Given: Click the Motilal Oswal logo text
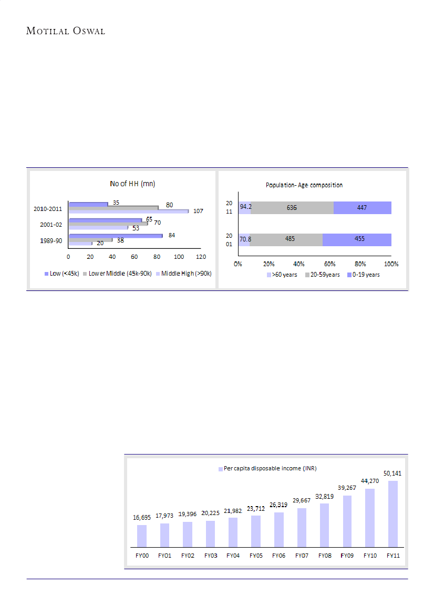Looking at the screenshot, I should (66, 31).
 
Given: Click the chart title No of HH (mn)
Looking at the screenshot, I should (132, 184).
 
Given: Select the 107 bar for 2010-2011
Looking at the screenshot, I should (128, 211).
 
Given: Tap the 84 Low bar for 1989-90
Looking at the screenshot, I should (115, 235).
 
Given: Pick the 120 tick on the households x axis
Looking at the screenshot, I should (200, 257).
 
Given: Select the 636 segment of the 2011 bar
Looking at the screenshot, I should (292, 207).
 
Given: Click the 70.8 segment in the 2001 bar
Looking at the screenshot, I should (244, 239).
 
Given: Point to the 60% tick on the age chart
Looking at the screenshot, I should (330, 263).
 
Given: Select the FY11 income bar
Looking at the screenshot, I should (392, 513).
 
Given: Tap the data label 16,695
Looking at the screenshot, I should (142, 518).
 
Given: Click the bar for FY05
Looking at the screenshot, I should (256, 531).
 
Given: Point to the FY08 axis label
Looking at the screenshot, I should (324, 555).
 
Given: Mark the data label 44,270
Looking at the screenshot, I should (370, 480).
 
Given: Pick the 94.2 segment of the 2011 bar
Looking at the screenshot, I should (244, 207).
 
